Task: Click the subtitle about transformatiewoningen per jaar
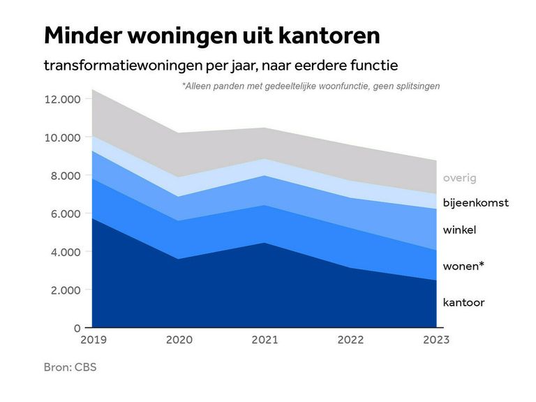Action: (x=221, y=66)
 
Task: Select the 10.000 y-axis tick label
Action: (x=62, y=137)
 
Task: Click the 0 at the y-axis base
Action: (x=77, y=327)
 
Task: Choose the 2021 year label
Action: (x=264, y=340)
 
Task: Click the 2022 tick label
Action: (x=350, y=340)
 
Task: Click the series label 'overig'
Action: (x=459, y=178)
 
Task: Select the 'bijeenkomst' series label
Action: (x=476, y=203)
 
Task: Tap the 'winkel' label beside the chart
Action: (x=459, y=230)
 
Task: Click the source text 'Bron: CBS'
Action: (x=70, y=367)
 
